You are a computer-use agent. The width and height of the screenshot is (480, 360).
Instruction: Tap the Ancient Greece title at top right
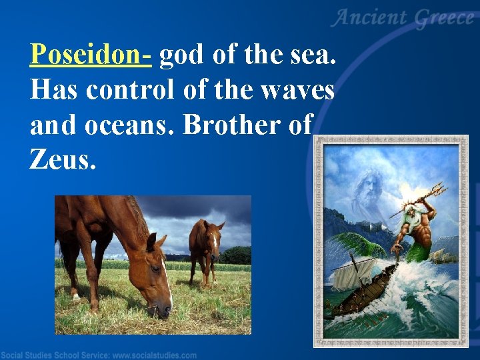[x=404, y=19]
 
